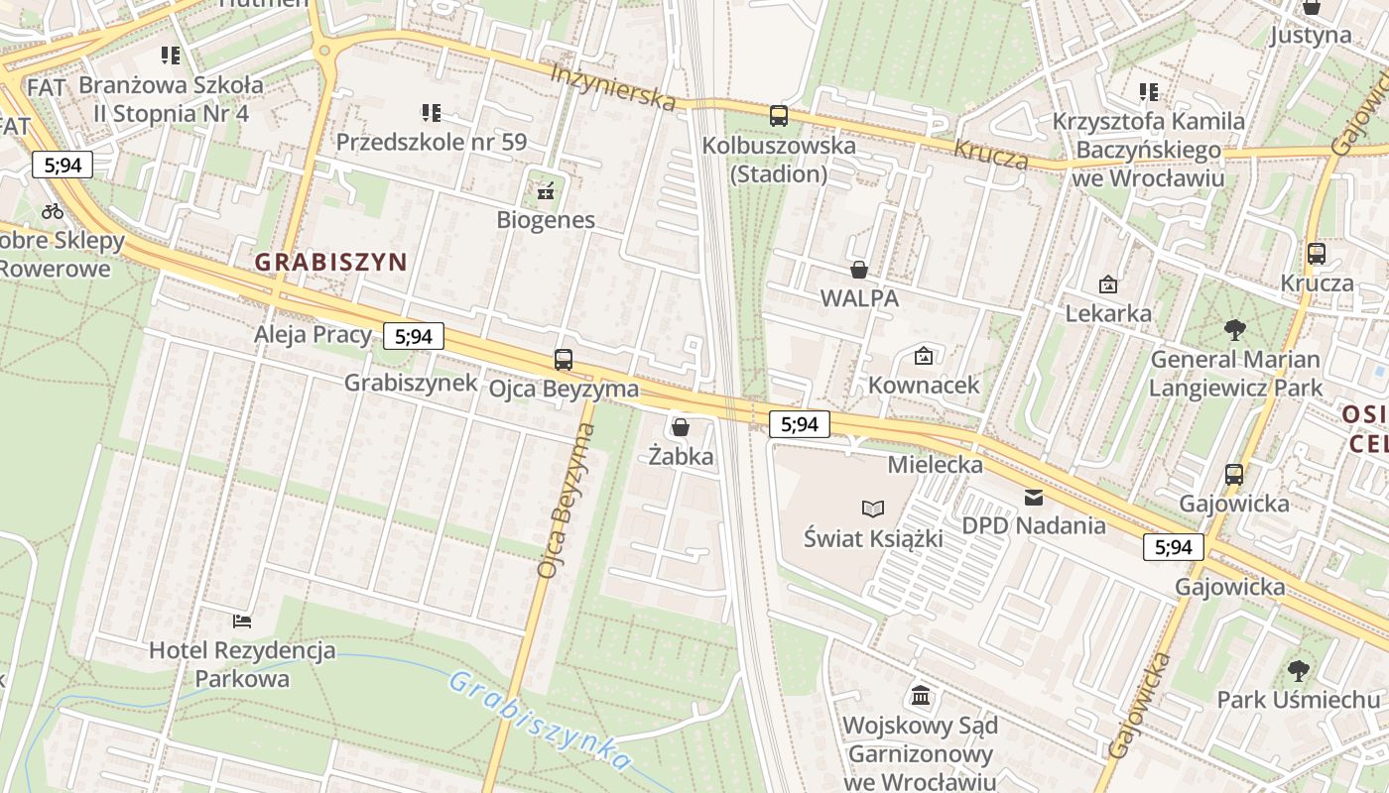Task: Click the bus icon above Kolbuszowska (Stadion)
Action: (x=779, y=116)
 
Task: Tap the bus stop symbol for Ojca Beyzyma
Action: (x=564, y=360)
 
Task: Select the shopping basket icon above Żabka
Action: (x=681, y=427)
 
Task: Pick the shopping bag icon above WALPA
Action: (x=859, y=269)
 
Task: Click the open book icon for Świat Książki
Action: (x=873, y=509)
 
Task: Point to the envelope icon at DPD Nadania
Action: (x=1034, y=497)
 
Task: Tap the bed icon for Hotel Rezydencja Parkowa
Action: (x=242, y=622)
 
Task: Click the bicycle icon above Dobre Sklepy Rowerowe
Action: (x=53, y=210)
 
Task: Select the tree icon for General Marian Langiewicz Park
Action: (x=1235, y=329)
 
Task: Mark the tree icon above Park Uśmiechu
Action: (x=1298, y=670)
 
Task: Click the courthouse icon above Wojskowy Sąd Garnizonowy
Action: (x=920, y=695)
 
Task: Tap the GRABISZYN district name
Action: (x=331, y=262)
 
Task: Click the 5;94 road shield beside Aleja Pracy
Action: (x=414, y=336)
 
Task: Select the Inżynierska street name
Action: (x=613, y=86)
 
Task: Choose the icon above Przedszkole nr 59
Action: (x=431, y=113)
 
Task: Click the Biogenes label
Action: (x=546, y=220)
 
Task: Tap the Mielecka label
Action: (x=936, y=464)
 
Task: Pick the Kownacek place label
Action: (x=924, y=385)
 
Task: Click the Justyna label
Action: (x=1311, y=36)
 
